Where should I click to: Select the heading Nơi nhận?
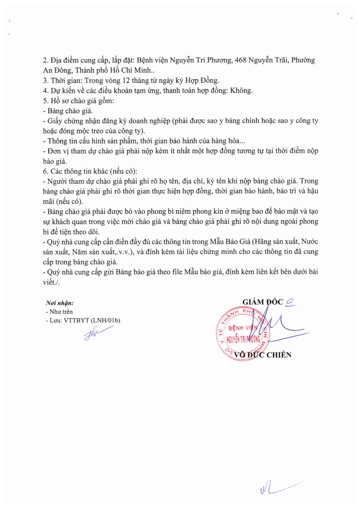[60, 303]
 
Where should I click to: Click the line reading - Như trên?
[59, 312]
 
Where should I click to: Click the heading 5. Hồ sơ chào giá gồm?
[78, 101]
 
